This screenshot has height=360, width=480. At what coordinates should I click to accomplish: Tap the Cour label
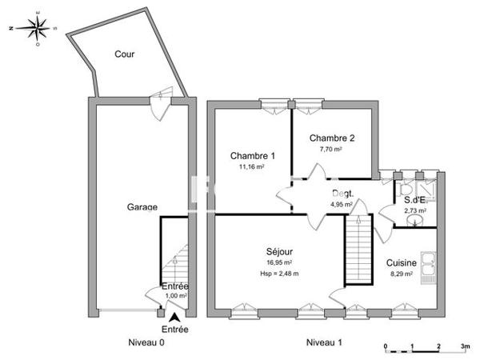coord(124,55)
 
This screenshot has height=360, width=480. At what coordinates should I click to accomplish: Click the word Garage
coord(142,206)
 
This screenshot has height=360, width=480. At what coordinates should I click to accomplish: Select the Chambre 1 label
coord(252,155)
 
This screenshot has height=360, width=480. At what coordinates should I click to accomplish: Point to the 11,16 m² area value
coord(252,167)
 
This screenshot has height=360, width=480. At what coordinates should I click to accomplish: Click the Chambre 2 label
coord(332,138)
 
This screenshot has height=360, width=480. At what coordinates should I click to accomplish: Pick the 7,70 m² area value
coord(331,149)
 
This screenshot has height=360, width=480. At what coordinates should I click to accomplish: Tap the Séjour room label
coord(278,250)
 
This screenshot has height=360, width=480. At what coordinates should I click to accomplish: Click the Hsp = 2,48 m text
coord(279,274)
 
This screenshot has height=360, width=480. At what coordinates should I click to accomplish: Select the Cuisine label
coord(401,262)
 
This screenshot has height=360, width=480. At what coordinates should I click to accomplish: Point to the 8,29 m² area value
coord(400,274)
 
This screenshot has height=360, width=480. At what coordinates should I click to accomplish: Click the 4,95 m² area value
coord(342,205)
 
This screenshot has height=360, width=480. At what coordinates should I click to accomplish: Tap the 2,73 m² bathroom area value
coord(414,210)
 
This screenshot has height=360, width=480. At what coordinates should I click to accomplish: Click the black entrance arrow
coord(175,318)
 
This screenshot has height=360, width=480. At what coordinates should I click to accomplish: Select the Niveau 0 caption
coord(146,342)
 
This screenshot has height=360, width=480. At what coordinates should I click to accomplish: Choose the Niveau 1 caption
coord(324,342)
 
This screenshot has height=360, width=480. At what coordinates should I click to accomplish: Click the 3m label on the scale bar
coord(465,346)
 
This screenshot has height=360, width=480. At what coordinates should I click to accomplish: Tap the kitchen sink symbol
coord(430,260)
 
